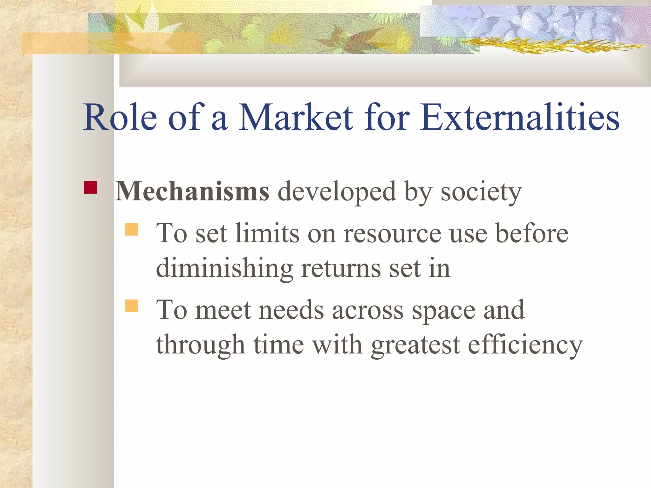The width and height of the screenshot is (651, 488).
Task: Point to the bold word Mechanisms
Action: pos(192,192)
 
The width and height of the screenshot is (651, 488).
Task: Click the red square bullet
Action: pos(90,187)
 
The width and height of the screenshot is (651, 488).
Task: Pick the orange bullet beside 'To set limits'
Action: pos(131,229)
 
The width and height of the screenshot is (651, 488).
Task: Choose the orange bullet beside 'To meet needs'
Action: pos(131,306)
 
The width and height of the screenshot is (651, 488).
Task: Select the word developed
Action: pos(337,192)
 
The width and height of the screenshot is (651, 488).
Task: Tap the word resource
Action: pos(392,234)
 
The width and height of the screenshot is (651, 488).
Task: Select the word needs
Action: pos(291,310)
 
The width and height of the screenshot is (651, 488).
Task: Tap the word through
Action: pos(201,346)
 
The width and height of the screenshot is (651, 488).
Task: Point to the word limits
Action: pos(267,233)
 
